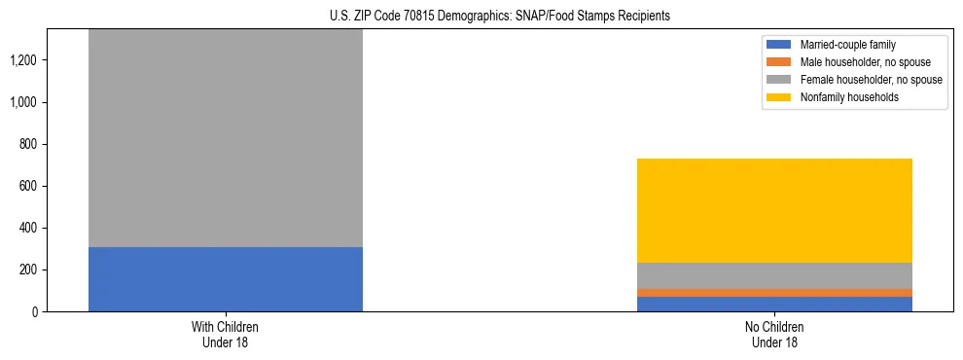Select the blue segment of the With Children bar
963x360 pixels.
225,279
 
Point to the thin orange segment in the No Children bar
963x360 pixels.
774,292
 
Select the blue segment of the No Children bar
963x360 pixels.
774,304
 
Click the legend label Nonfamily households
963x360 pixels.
842,97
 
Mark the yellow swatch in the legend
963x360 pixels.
779,97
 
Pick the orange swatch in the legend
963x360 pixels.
779,62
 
